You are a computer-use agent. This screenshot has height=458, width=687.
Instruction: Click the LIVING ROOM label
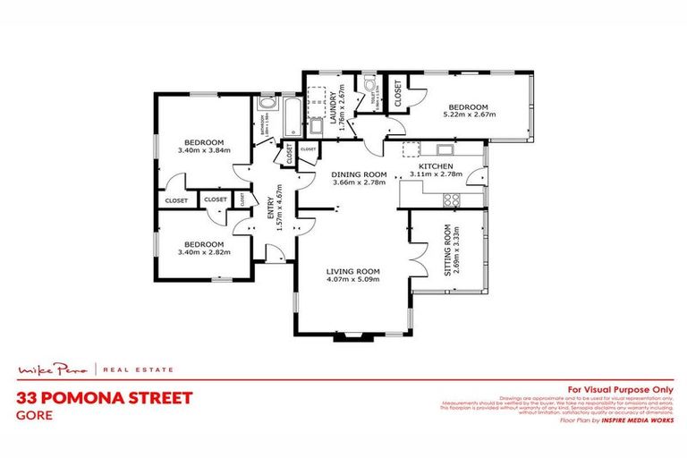(x=353, y=271)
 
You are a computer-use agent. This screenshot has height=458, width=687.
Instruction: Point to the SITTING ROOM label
(x=447, y=253)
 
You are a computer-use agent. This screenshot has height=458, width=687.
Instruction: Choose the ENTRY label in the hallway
(x=270, y=207)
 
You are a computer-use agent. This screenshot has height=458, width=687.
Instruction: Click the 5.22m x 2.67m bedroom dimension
(x=469, y=114)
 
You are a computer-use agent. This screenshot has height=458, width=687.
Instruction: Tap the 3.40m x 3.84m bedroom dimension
(x=204, y=150)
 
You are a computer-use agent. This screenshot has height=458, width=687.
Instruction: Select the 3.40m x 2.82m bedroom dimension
(x=204, y=252)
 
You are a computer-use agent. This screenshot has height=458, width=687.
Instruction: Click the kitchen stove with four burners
(x=452, y=199)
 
